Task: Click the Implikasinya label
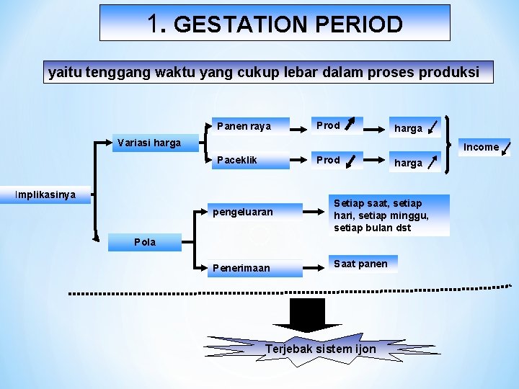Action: (x=45, y=195)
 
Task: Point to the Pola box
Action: (x=144, y=242)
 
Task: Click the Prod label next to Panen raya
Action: (x=329, y=125)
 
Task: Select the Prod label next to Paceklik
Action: (x=329, y=160)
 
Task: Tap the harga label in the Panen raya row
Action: (x=409, y=128)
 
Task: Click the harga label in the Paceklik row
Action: (x=409, y=163)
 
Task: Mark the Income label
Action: (x=482, y=147)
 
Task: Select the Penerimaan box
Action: (x=241, y=268)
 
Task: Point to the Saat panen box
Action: (x=360, y=264)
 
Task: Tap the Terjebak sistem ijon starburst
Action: (x=321, y=349)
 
